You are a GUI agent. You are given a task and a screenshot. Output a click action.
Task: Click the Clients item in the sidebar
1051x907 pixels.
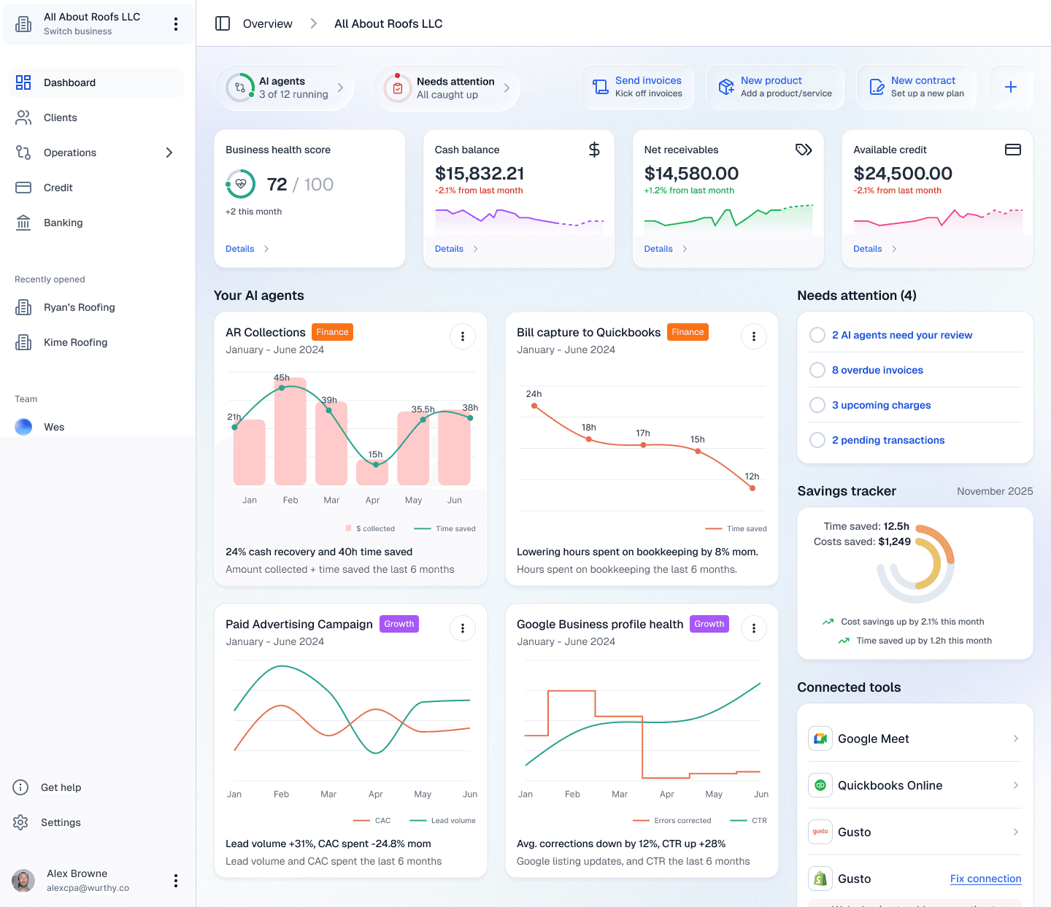pos(60,117)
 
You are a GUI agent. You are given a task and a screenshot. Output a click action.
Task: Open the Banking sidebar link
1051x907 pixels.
pos(63,223)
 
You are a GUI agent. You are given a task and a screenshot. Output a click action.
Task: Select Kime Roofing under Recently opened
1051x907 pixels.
pos(75,342)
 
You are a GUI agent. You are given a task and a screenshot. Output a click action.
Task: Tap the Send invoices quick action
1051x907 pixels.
pos(637,87)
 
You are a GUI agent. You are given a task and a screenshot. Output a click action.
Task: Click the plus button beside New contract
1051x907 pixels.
pos(1011,87)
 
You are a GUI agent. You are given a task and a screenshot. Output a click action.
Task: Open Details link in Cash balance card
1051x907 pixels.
pos(450,249)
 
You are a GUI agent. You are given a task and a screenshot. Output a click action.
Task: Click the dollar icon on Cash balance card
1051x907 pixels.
pos(594,150)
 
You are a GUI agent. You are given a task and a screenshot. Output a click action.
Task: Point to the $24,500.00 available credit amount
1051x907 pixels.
pos(903,174)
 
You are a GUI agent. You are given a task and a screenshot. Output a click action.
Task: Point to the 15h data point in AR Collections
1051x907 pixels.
pos(376,464)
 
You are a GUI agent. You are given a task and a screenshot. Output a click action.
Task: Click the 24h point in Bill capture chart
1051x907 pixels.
pos(534,406)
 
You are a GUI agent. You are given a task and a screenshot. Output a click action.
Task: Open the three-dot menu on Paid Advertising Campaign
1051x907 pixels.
pos(463,628)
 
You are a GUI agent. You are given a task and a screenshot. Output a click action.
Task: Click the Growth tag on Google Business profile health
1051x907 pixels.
pos(709,624)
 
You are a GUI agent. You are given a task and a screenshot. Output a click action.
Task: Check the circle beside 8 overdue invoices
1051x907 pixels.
pos(817,370)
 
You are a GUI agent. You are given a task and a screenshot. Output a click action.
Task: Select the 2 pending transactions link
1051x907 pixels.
pos(888,440)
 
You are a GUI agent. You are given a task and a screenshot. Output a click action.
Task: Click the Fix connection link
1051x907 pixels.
pos(985,879)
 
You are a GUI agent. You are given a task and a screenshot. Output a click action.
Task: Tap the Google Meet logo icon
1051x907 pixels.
pos(820,738)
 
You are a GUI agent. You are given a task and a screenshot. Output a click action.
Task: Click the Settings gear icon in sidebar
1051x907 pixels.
pos(20,822)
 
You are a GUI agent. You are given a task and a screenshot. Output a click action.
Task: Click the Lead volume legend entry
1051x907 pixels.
pos(453,820)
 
